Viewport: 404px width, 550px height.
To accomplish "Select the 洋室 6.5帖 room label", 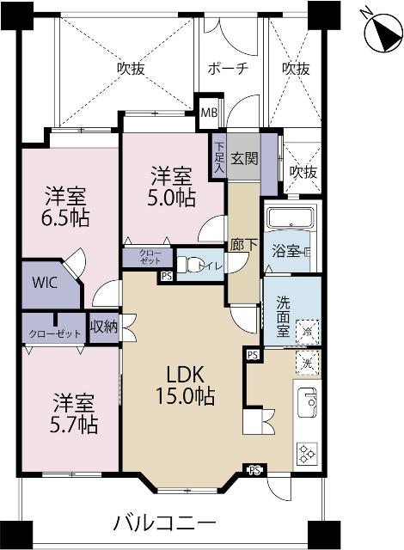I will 67,205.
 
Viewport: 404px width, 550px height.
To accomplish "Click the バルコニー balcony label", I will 164,522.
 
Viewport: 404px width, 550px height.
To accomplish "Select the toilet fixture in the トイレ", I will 193,262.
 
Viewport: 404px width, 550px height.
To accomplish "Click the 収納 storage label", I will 103,327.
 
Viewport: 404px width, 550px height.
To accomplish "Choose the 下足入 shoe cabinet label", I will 219,158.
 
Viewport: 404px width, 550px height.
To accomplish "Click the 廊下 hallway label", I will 243,245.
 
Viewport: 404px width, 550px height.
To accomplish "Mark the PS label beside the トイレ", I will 166,277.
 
